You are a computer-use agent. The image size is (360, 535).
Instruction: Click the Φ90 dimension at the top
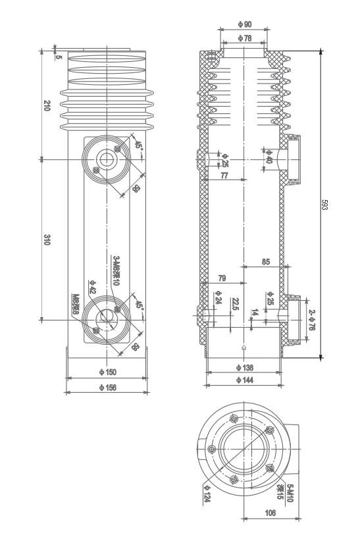coord(244,24)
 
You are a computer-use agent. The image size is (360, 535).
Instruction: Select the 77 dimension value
coord(224,176)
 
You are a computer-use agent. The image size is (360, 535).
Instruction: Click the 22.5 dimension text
coord(235,305)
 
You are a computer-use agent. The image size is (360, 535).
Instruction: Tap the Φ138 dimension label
coord(244,367)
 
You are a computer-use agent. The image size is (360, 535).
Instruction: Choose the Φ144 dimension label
coord(244,380)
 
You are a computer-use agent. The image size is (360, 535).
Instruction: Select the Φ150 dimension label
coord(107,372)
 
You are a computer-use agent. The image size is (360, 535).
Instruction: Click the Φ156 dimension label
coord(107,388)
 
